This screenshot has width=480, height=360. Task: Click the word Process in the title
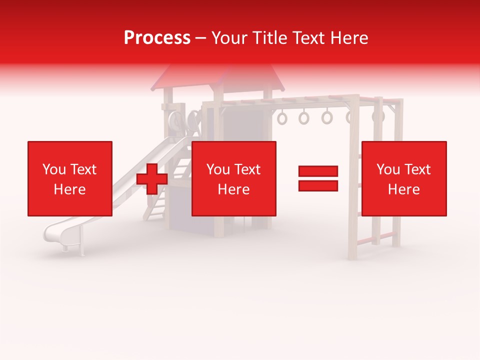coord(157,38)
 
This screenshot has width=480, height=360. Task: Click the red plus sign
coord(152,179)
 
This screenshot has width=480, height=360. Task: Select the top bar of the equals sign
coord(318,171)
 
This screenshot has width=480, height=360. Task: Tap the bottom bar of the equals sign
coord(318,185)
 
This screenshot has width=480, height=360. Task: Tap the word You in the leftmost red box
coord(53,169)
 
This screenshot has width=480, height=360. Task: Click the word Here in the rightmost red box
coord(404,189)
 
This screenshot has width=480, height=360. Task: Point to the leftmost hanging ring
coord(282,118)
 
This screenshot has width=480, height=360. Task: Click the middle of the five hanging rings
coord(327,117)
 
